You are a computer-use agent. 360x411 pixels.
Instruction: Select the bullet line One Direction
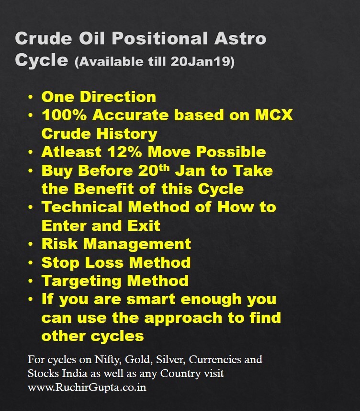[99, 97]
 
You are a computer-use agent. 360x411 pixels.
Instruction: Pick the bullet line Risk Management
[116, 244]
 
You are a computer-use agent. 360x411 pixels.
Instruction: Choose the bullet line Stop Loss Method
[116, 262]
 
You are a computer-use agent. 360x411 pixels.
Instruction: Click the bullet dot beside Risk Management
[32, 244]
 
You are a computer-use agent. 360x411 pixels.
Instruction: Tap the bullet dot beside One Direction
[32, 97]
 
